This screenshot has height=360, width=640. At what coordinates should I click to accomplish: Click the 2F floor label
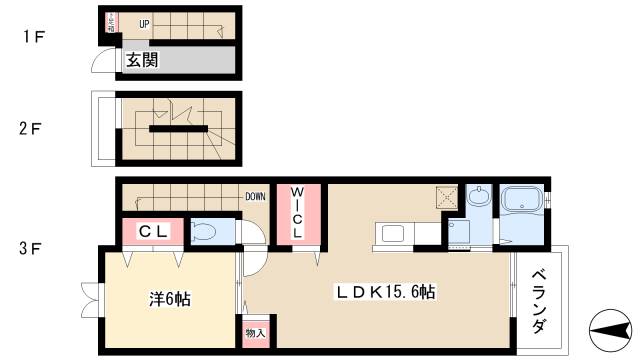(34, 128)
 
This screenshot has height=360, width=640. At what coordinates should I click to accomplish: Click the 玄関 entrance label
(141, 60)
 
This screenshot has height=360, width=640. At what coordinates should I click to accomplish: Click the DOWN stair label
(255, 196)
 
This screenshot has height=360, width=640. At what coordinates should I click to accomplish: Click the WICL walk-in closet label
(298, 212)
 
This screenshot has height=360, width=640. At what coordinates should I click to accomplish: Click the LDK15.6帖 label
(384, 291)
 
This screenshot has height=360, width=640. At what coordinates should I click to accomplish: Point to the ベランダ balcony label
(540, 300)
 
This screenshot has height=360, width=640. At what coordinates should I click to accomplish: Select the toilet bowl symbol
(203, 232)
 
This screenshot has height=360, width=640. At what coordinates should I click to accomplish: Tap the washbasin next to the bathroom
(478, 198)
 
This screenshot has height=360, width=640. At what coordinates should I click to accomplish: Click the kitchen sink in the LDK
(392, 233)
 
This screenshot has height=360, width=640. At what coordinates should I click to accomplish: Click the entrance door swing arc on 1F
(102, 62)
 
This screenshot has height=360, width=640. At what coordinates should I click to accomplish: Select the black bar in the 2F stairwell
(178, 128)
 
